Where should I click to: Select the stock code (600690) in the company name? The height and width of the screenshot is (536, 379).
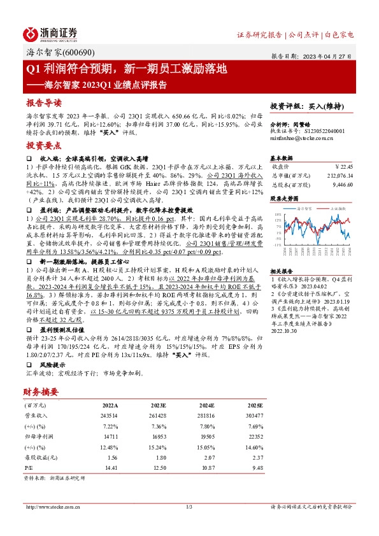coord(70,53)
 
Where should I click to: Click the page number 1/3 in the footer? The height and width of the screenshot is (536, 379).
coord(189,507)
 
